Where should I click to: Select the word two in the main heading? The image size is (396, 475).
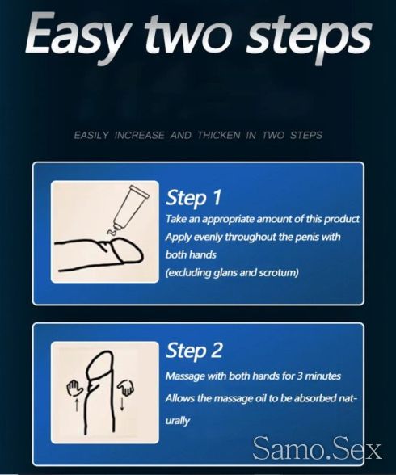pyautogui.click(x=191, y=34)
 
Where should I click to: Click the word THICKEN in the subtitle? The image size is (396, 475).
pyautogui.click(x=219, y=135)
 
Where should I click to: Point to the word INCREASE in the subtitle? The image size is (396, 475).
pyautogui.click(x=139, y=135)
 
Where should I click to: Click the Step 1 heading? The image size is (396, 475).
pyautogui.click(x=194, y=198)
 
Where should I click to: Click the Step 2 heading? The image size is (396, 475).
pyautogui.click(x=194, y=351)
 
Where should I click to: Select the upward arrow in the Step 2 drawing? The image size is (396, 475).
pyautogui.click(x=77, y=405)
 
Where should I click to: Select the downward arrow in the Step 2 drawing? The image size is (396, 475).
pyautogui.click(x=122, y=404)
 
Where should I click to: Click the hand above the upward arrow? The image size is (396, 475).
pyautogui.click(x=74, y=388)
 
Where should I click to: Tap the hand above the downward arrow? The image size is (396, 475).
pyautogui.click(x=126, y=387)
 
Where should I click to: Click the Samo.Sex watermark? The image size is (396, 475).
pyautogui.click(x=317, y=449)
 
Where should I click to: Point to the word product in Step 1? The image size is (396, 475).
pyautogui.click(x=342, y=219)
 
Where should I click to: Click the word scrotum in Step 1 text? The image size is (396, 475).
pyautogui.click(x=279, y=273)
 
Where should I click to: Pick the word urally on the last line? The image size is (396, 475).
pyautogui.click(x=178, y=421)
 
